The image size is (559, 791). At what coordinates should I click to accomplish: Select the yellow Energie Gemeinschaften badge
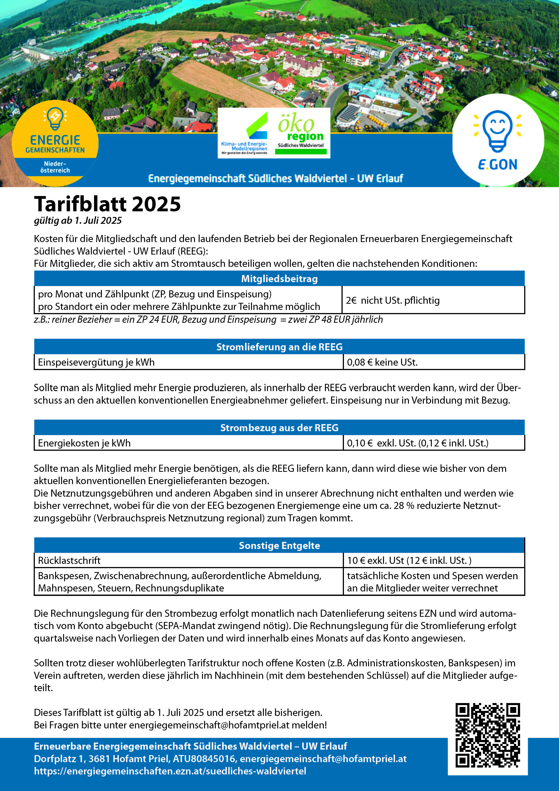55,143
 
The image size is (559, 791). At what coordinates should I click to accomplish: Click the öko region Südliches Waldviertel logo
301,133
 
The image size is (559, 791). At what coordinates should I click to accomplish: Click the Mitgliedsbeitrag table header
279,279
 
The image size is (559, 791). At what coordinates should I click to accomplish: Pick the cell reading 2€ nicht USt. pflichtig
393,300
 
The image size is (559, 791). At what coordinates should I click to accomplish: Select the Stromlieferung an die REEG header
279,347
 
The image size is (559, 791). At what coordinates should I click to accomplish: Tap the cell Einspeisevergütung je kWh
96,362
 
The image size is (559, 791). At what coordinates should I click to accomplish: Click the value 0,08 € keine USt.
382,362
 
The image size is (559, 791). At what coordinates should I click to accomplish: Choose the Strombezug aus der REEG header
279,428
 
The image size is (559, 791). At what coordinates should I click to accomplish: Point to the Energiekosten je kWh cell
84,443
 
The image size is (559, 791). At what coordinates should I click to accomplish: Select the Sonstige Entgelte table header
279,546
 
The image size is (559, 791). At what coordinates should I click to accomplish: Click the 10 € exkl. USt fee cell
409,561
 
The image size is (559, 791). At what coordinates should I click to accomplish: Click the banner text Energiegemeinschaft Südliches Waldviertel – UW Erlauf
275,179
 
